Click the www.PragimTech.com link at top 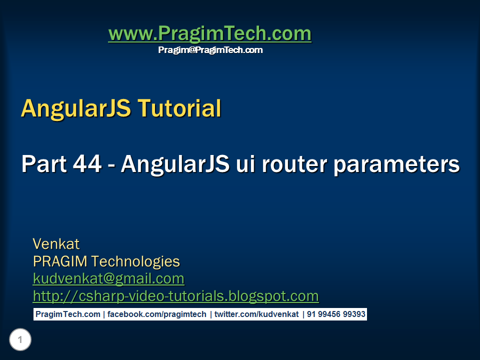pos(209,34)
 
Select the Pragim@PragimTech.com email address pos(210,50)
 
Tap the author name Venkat pos(56,244)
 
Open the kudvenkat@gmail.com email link pos(108,278)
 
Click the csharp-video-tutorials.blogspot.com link pos(175,296)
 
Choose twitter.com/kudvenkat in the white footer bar pos(256,314)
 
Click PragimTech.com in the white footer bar pos(68,314)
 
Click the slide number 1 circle pos(20,340)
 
